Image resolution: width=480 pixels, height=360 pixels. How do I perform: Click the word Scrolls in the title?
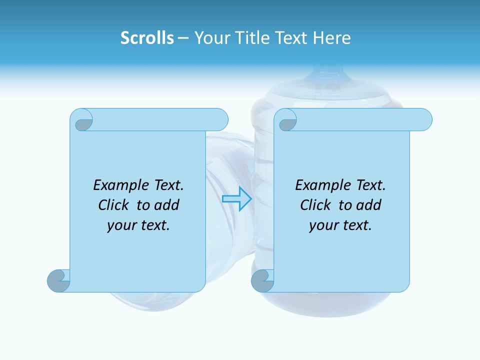(147, 38)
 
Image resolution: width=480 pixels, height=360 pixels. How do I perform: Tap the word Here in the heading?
(331, 38)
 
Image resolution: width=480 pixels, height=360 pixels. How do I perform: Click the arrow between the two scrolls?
(236, 198)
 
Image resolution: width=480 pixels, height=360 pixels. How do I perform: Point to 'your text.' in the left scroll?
(138, 225)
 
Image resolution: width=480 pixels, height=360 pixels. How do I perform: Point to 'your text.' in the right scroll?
(340, 225)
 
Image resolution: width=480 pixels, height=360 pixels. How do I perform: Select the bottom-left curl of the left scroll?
(58, 280)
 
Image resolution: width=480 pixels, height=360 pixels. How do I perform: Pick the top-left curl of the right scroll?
(287, 122)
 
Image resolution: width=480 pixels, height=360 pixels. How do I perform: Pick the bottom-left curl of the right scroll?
(262, 280)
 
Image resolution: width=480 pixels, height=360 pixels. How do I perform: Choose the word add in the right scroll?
(369, 205)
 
